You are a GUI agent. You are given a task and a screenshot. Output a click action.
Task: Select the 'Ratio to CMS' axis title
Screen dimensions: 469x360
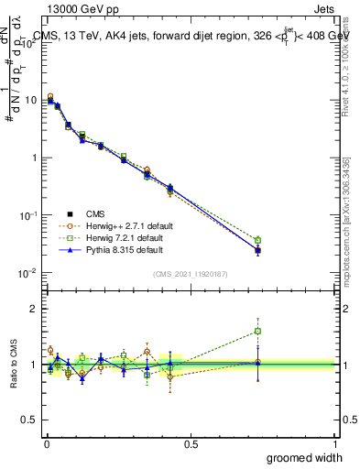tap(13, 365)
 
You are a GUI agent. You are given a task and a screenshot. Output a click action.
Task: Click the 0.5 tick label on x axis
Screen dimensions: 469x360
tap(191, 443)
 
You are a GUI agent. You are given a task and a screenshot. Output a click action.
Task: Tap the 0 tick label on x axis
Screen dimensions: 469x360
tap(46, 443)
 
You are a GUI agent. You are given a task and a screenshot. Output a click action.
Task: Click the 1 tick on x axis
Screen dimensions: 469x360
tap(333, 443)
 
